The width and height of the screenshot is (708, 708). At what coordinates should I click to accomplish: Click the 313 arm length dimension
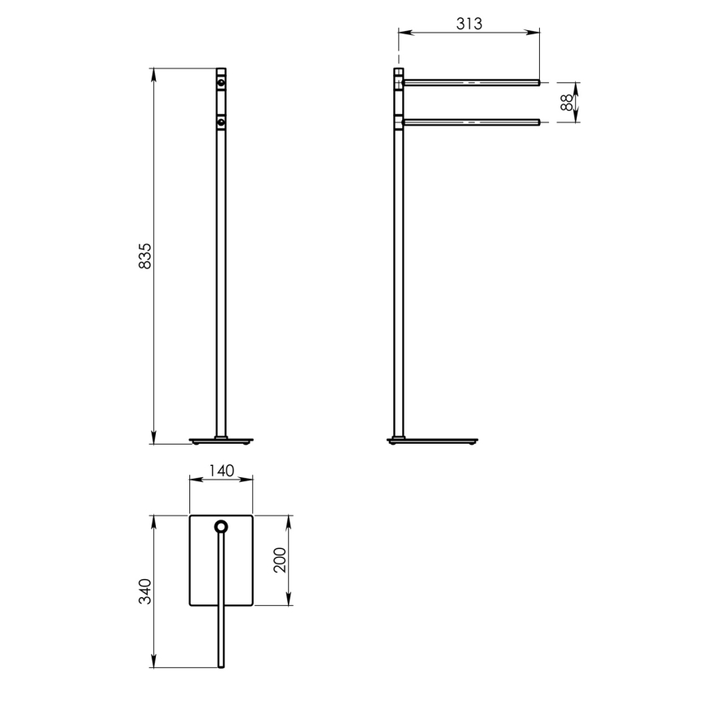tap(469, 23)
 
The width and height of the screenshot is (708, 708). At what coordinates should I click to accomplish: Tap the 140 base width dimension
tap(221, 470)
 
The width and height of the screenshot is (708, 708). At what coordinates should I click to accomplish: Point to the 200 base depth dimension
tap(280, 561)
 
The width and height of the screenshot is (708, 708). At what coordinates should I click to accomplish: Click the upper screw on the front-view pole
tap(220, 82)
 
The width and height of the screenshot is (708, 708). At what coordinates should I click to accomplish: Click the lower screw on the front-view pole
tap(220, 122)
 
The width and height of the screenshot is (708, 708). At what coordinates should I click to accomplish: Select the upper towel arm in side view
tap(471, 82)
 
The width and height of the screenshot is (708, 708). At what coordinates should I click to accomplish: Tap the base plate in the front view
tap(220, 441)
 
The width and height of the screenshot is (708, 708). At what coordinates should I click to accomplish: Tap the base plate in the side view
tap(432, 441)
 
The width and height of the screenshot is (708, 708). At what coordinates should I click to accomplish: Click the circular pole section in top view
tap(220, 527)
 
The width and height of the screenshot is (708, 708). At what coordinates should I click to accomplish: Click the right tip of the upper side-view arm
tap(538, 82)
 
